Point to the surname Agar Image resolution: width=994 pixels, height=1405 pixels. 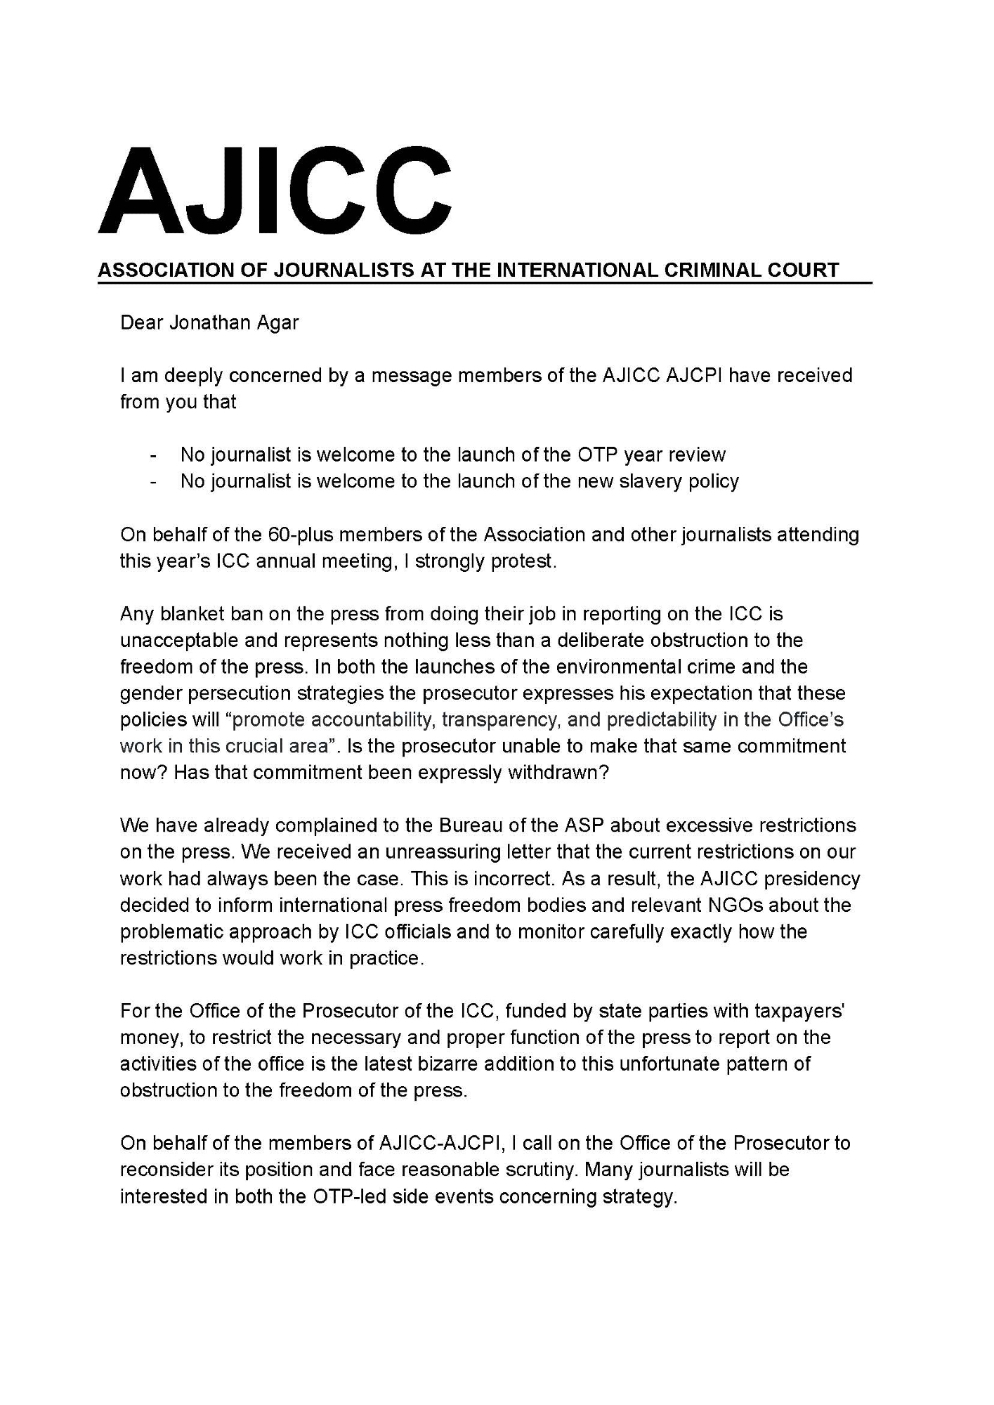(280, 322)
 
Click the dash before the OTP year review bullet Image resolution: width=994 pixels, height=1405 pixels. (153, 455)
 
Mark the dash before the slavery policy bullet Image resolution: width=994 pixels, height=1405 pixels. (153, 482)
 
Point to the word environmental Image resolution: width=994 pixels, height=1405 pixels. (580, 667)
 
